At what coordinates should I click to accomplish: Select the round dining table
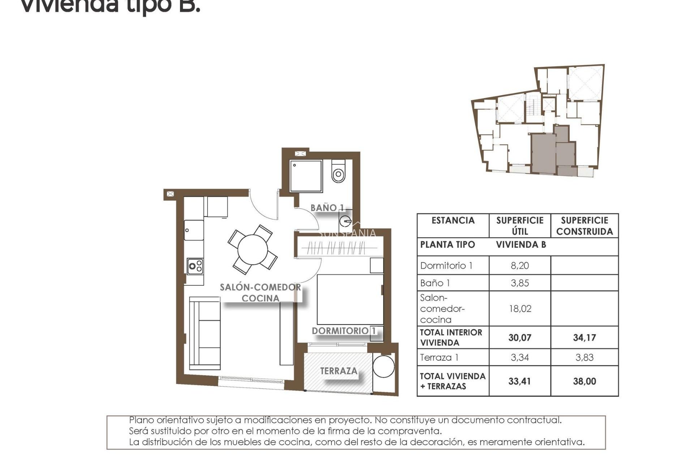click(253, 250)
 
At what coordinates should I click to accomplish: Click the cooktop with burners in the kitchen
click(195, 267)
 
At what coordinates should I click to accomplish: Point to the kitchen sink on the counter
click(193, 230)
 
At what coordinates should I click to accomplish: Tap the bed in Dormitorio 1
click(350, 300)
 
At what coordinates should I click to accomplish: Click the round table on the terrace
click(384, 367)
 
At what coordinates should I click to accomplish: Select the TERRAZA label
click(339, 371)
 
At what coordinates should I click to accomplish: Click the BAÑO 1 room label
click(327, 208)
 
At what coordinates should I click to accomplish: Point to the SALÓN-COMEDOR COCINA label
click(260, 293)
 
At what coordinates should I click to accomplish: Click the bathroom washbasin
click(346, 220)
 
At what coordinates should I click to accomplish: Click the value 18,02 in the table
click(520, 309)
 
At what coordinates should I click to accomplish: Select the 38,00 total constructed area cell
click(584, 381)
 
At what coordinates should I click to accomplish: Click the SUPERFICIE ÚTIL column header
click(520, 226)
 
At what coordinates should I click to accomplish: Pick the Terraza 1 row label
click(439, 358)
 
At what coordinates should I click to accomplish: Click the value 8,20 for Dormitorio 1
click(520, 266)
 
